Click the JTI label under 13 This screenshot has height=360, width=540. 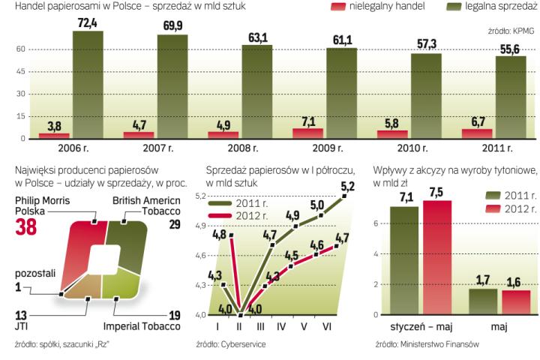tap(22, 327)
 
